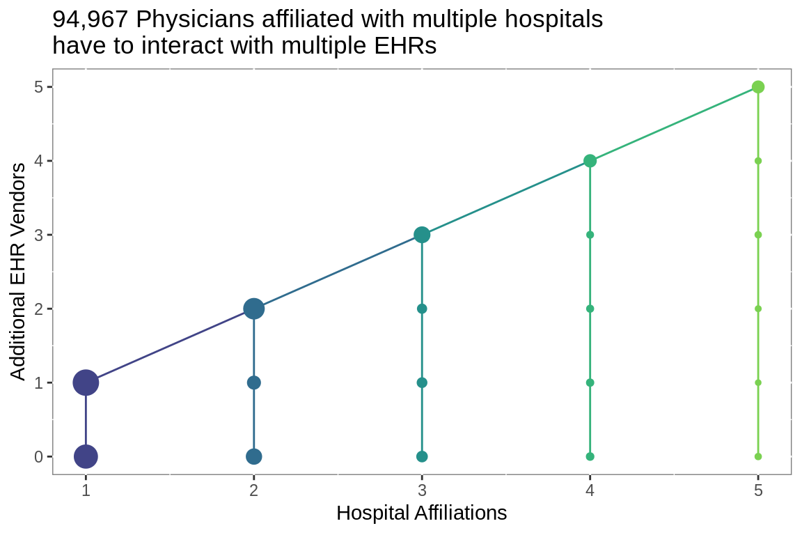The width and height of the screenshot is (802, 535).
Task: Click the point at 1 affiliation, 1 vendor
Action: pyautogui.click(x=86, y=382)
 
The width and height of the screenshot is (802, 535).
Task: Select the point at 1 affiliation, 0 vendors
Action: pyautogui.click(x=86, y=456)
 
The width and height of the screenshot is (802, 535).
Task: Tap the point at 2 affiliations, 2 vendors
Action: pyautogui.click(x=254, y=309)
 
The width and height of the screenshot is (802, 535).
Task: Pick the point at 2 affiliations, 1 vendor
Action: pyautogui.click(x=254, y=382)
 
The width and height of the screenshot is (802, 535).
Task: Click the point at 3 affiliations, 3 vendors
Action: pyautogui.click(x=422, y=235)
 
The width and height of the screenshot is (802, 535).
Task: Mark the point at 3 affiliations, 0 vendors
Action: pyautogui.click(x=422, y=456)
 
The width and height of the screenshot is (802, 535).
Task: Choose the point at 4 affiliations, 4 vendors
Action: pyautogui.click(x=590, y=161)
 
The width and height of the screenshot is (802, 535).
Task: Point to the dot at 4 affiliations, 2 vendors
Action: pyautogui.click(x=590, y=309)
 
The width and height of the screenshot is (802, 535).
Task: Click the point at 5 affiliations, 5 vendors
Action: pyautogui.click(x=758, y=87)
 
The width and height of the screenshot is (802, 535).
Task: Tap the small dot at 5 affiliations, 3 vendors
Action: pyautogui.click(x=758, y=235)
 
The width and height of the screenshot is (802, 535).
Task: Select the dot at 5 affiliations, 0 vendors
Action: pyautogui.click(x=758, y=456)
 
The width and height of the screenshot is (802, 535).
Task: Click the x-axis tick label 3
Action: pyautogui.click(x=422, y=490)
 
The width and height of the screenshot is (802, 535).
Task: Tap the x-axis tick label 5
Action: pyautogui.click(x=758, y=490)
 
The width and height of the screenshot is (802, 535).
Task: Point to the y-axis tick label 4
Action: pyautogui.click(x=40, y=161)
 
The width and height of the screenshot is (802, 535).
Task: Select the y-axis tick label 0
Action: pyautogui.click(x=40, y=456)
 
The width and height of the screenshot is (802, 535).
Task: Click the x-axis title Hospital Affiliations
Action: pyautogui.click(x=421, y=513)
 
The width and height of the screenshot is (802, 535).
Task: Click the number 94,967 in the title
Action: pyautogui.click(x=91, y=20)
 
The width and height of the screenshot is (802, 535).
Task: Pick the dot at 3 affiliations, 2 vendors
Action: pyautogui.click(x=422, y=309)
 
